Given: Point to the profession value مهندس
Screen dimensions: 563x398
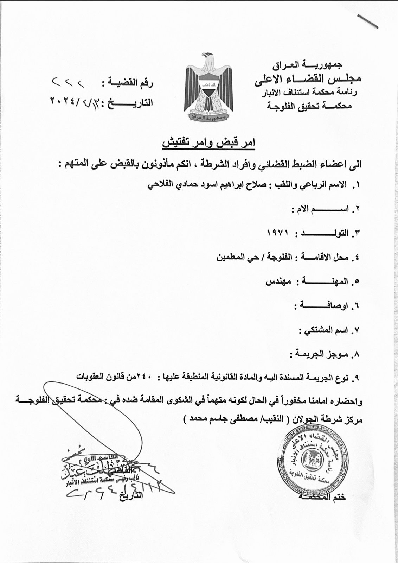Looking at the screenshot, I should click(278, 282).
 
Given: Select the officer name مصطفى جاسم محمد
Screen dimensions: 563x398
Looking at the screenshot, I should click(218, 419).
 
